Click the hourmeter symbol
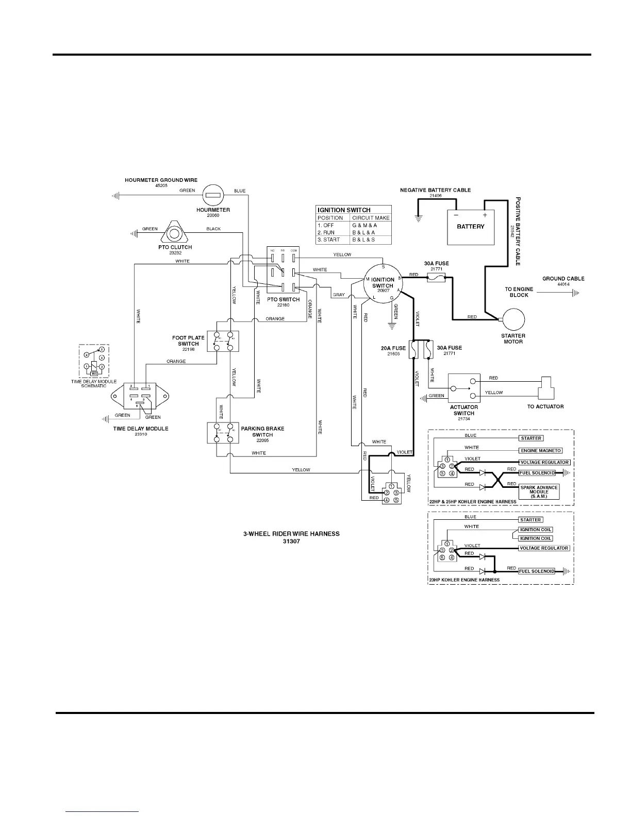coord(213,195)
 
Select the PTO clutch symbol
coord(176,233)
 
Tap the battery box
coord(470,227)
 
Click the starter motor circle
coord(513,319)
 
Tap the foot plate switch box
coord(223,341)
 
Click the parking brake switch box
coord(223,433)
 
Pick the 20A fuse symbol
coord(412,350)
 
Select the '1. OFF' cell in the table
coord(333,226)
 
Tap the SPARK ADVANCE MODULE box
coord(539,491)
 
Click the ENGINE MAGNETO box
coord(541,451)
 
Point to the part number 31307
coord(291,541)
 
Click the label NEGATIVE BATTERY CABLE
coord(435,190)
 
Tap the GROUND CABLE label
coord(563,279)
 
